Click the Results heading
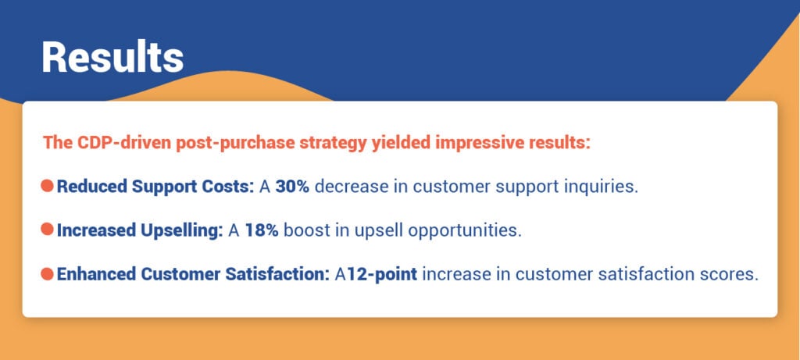[112, 56]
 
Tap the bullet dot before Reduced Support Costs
[47, 187]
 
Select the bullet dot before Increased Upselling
[47, 230]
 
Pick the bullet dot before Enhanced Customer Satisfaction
[47, 274]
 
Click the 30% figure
[293, 187]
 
